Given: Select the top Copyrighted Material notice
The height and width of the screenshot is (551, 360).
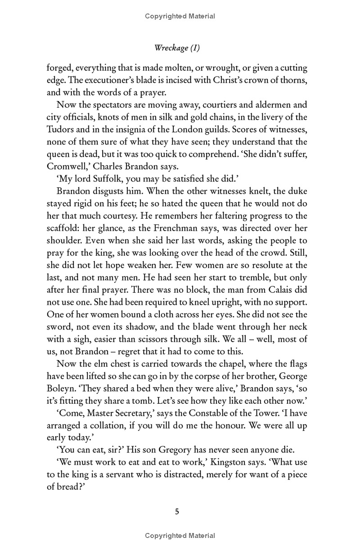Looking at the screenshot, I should [x=180, y=17].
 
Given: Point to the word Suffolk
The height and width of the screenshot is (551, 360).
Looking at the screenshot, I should [x=102, y=178].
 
